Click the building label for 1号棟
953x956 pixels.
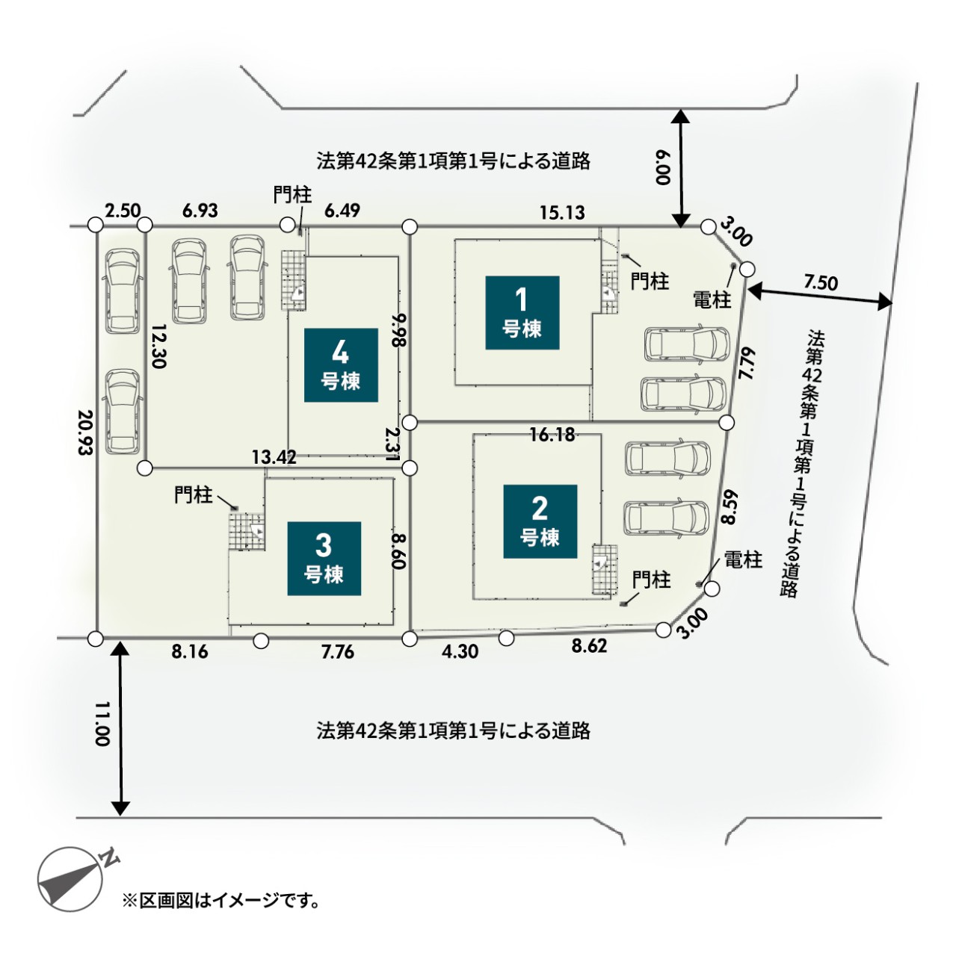(522, 312)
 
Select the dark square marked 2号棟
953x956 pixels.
(540, 521)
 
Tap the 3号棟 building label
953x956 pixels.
(324, 559)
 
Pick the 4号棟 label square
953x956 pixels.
(341, 365)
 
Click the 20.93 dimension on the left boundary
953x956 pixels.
(85, 432)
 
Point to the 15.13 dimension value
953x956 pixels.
(562, 213)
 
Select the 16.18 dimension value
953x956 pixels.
(552, 435)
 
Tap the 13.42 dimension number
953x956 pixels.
(274, 457)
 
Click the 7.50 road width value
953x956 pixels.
(821, 283)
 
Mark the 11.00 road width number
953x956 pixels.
(102, 724)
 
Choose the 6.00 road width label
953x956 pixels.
(664, 167)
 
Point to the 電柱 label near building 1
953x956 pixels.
(712, 299)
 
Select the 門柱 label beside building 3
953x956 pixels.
(193, 494)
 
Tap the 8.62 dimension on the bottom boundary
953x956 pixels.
(589, 646)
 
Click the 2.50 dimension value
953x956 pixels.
(123, 211)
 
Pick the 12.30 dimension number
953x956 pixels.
(158, 347)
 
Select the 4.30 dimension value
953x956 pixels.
(460, 651)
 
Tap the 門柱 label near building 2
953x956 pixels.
(652, 580)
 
